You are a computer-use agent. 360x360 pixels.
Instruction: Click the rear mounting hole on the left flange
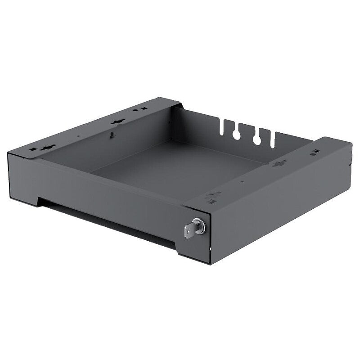tap(143, 108)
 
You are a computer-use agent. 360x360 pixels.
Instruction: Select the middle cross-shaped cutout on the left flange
tap(117, 121)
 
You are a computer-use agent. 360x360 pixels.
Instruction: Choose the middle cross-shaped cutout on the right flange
tap(279, 163)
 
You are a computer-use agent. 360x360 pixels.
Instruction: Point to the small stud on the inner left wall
tap(112, 134)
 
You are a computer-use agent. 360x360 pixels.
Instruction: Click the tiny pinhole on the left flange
tap(78, 135)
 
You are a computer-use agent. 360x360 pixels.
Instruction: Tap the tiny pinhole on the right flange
tap(242, 182)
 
